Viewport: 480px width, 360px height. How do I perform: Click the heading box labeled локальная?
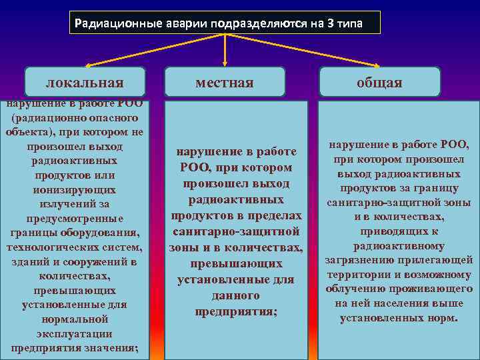tap(85, 82)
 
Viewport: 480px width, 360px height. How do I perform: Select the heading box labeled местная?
tap(225, 82)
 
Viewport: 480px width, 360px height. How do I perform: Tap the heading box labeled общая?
tap(380, 82)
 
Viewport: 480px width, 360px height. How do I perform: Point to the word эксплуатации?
tap(75, 334)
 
